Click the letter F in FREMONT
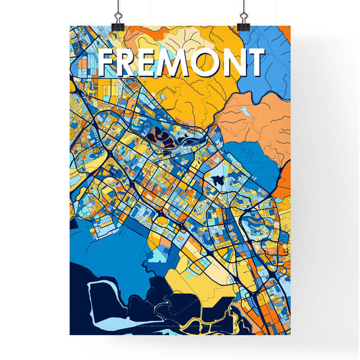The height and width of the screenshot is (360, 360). click(107, 63)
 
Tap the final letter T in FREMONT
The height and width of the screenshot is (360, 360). click(255, 63)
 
